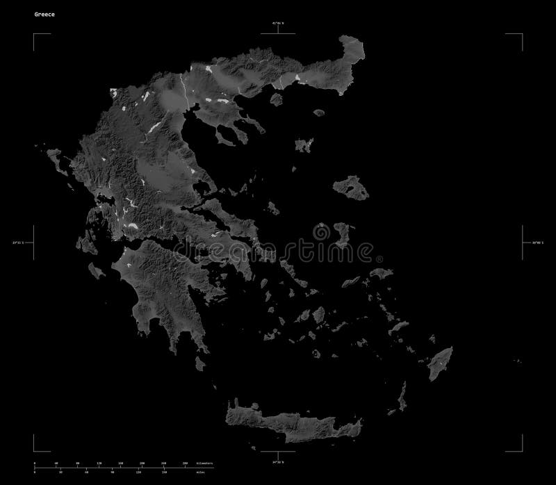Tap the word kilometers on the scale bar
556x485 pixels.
pos(204,462)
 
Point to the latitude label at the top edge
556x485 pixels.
pos(278,24)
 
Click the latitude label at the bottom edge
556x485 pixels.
pos(278,460)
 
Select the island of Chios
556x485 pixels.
pos(341,233)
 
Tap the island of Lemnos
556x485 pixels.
pos(303,145)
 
